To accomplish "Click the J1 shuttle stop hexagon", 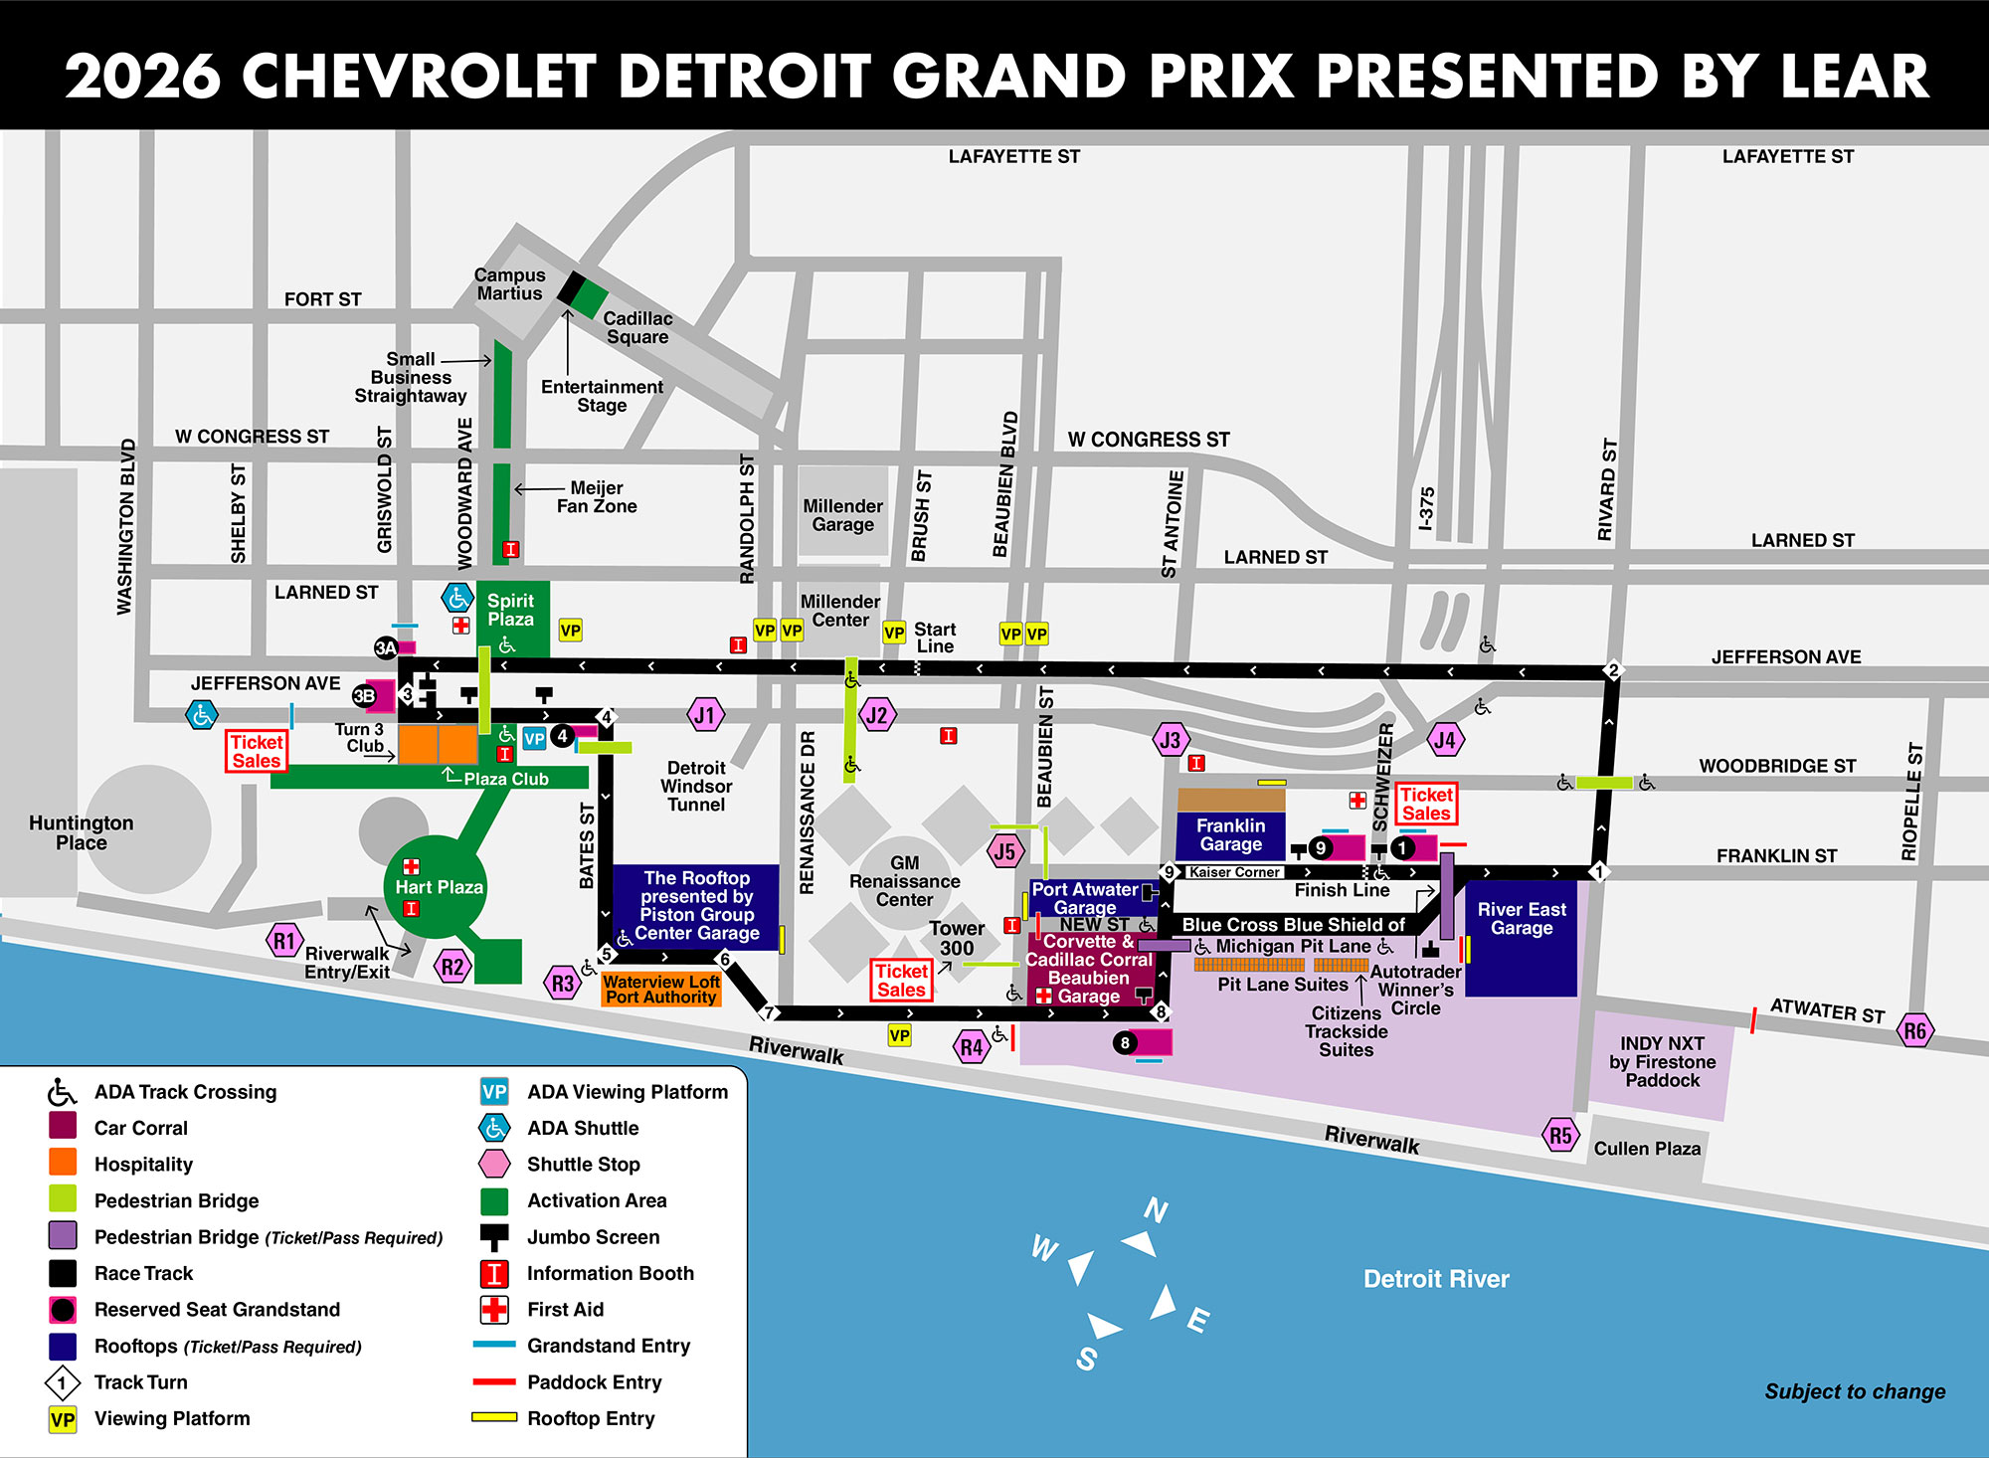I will coord(705,714).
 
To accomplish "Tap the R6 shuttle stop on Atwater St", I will coord(1914,1030).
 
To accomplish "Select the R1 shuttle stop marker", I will coord(284,941).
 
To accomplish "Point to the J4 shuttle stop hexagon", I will coord(1445,740).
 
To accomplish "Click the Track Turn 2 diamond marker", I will coord(1613,670).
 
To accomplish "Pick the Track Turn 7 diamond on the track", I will coord(769,1013).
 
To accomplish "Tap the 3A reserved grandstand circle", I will coord(385,648).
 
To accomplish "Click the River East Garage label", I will coord(1521,918).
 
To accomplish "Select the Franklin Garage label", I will coord(1230,834).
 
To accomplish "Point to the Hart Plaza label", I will coord(439,887).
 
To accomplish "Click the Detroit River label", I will coord(1435,1279).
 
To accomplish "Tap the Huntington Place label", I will coord(82,832).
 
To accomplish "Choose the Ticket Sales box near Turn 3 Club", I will coord(257,751).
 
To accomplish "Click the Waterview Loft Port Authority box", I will coord(661,989).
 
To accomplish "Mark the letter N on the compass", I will coord(1155,1210).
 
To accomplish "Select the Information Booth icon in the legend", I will coord(494,1274).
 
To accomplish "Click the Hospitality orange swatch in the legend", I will coord(63,1164).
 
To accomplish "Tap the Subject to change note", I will coord(1855,1391).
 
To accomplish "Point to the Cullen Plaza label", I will coord(1647,1149).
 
